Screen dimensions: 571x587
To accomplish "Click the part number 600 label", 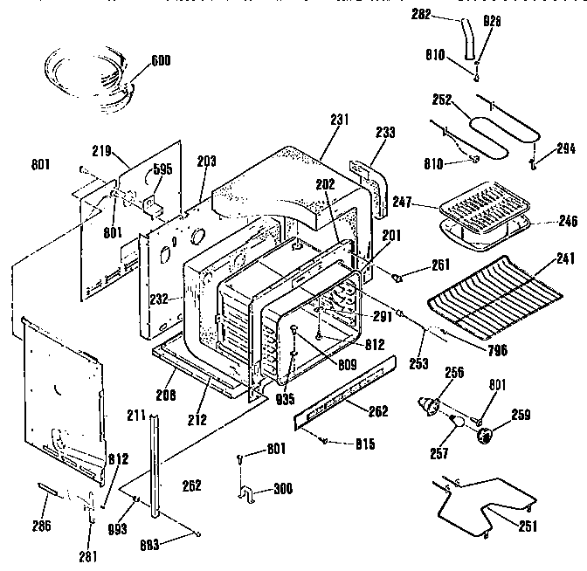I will click(x=160, y=60).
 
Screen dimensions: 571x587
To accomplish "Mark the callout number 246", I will click(x=568, y=222).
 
